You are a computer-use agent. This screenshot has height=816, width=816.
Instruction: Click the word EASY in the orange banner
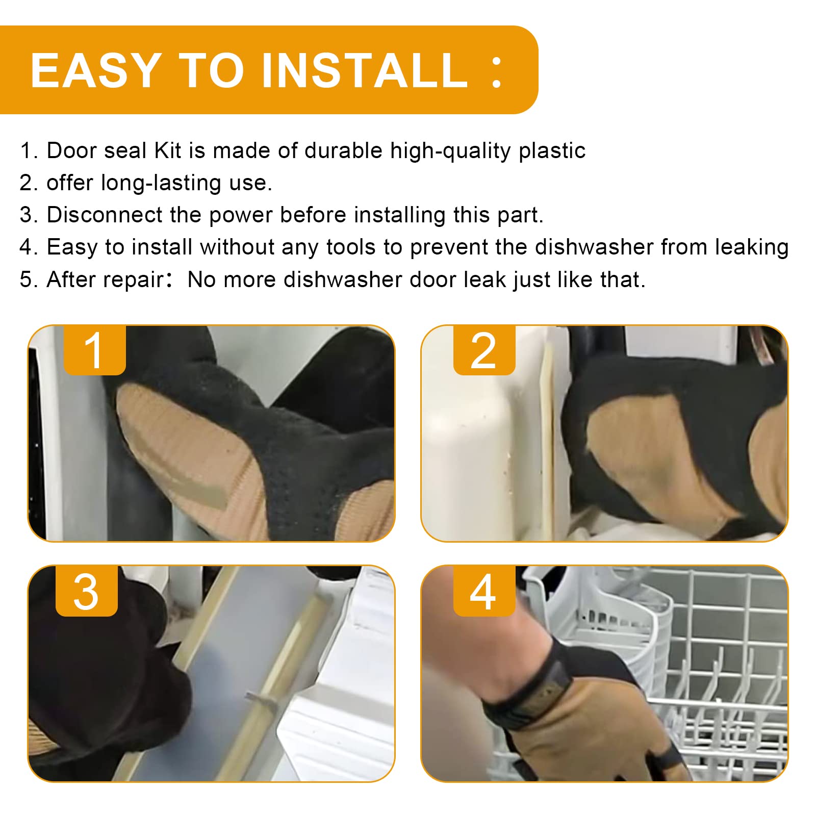pos(96,70)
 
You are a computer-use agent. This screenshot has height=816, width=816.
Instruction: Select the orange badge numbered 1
pos(95,350)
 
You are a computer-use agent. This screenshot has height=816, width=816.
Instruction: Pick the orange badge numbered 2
pos(484,350)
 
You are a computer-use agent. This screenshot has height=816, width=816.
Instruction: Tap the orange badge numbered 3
pos(87,591)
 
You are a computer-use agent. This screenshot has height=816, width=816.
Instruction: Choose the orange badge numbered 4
pos(484,591)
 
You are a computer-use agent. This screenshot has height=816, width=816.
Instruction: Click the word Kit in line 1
pos(168,151)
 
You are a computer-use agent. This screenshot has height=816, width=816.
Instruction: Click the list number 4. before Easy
pos(30,247)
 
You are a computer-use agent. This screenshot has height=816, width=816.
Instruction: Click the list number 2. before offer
pos(30,183)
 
